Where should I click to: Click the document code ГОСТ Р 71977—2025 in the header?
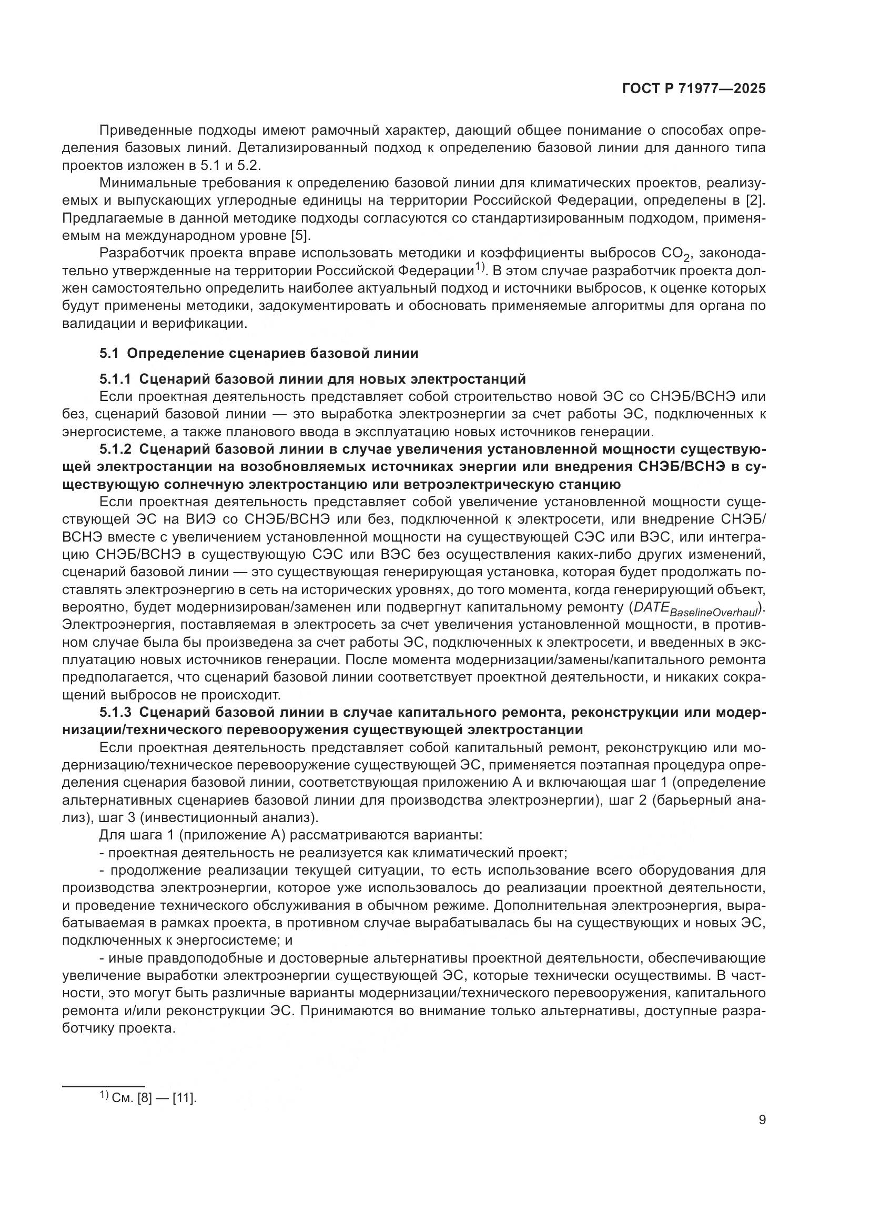(694, 88)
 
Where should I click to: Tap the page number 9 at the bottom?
(762, 1120)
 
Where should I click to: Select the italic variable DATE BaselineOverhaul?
(696, 609)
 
